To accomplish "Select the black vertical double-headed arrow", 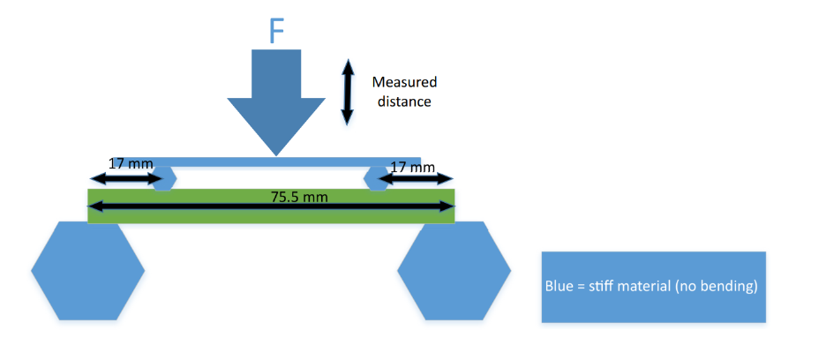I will pos(348,92).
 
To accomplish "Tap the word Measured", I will pos(404,82).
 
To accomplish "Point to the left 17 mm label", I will pos(130,163).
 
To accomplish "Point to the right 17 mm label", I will pos(412,166).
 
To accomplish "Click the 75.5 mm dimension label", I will pos(299,196).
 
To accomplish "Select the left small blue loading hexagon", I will pos(163,179).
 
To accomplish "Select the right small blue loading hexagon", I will pos(378,178).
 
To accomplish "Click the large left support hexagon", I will pos(87,270).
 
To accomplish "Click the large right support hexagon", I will pos(454,270).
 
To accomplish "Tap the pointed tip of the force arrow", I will pos(277,155).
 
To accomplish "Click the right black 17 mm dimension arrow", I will pos(415,179).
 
